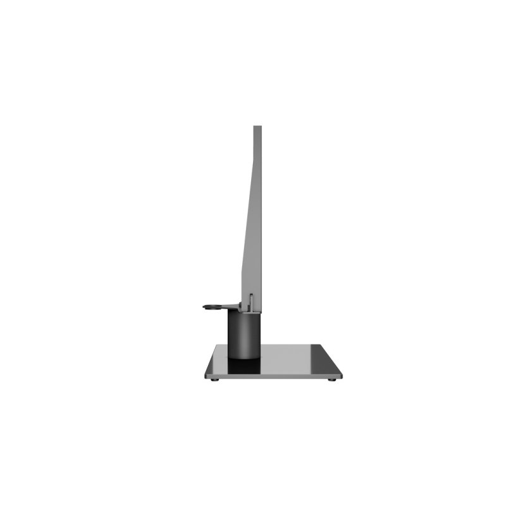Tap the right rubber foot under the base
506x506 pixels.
coord(331,379)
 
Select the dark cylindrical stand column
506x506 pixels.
coord(244,329)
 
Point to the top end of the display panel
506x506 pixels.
coord(257,127)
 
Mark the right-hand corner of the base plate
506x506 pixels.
coord(342,376)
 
